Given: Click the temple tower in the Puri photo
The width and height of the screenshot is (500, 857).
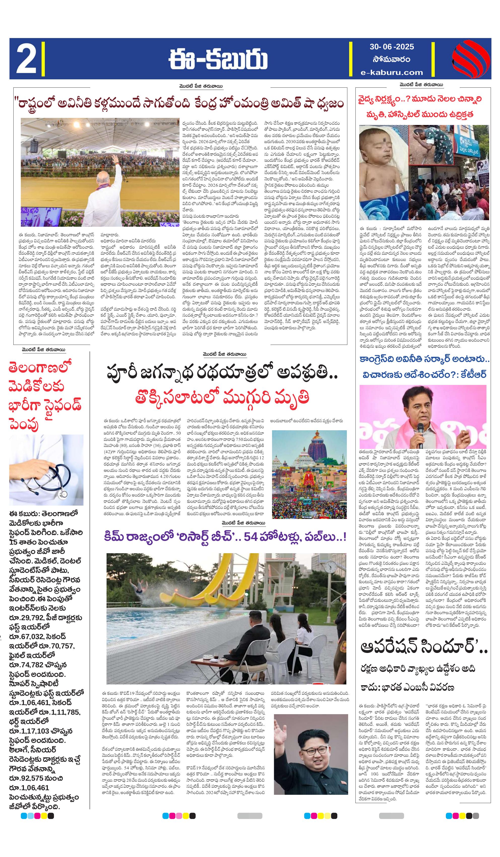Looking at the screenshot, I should click(309, 449).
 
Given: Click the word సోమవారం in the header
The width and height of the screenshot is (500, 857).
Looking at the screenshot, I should click(391, 59).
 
